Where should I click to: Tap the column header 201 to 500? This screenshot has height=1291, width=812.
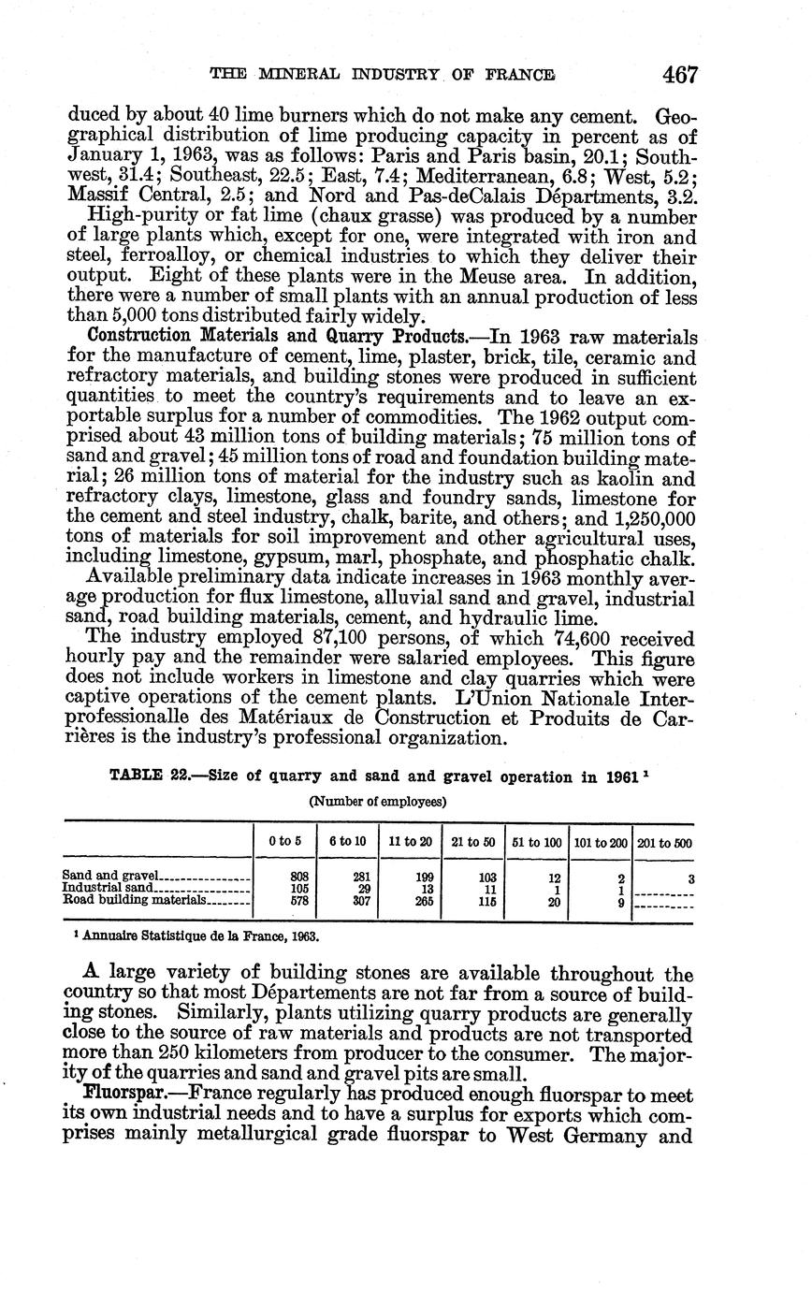[x=663, y=842]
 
